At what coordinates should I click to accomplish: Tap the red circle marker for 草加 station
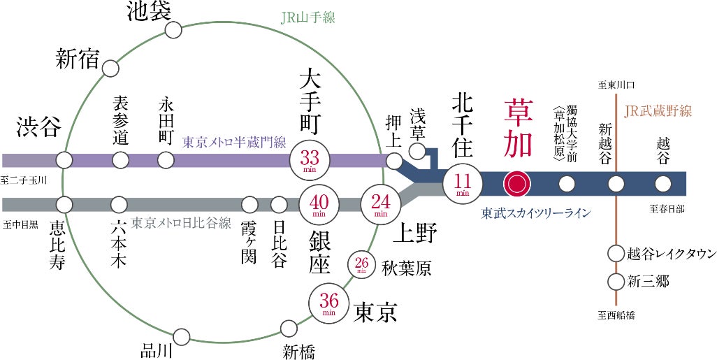pos(517,184)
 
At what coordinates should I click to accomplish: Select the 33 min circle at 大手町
pos(308,161)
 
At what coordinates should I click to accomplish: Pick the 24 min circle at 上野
pos(380,204)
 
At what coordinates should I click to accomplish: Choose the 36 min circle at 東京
pos(329,303)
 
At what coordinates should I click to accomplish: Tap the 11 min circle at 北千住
pos(463,184)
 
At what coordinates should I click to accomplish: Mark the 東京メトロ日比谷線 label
pos(181,224)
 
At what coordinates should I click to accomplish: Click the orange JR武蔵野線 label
pos(658,111)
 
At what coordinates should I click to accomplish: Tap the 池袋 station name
pos(149,11)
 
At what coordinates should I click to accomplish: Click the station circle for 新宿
pos(110,68)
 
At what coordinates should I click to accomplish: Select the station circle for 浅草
pos(417,151)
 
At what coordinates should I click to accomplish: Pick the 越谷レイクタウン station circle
pos(615,253)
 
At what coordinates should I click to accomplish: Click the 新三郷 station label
pos(648,282)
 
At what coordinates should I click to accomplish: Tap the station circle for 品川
pos(181,338)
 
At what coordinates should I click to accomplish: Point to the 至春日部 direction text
pos(668,208)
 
